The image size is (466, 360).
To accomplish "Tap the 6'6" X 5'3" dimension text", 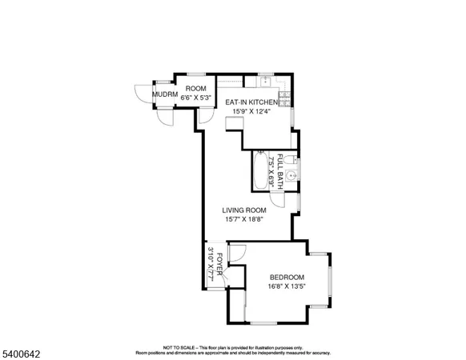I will [x=195, y=98].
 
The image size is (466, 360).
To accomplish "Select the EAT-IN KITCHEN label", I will [x=251, y=102].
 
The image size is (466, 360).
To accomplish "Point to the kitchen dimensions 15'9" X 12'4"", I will [x=252, y=111].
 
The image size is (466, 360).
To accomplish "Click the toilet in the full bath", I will [x=294, y=158].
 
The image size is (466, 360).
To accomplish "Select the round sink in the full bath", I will [x=293, y=175].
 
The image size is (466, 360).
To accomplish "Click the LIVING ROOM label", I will [x=243, y=210].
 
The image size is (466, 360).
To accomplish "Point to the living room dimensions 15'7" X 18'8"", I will [x=243, y=219].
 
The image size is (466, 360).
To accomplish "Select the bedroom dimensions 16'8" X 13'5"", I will [x=287, y=286].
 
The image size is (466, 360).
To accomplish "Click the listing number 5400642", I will [x=18, y=350].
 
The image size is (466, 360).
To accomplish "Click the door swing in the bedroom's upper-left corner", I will [x=237, y=256].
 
